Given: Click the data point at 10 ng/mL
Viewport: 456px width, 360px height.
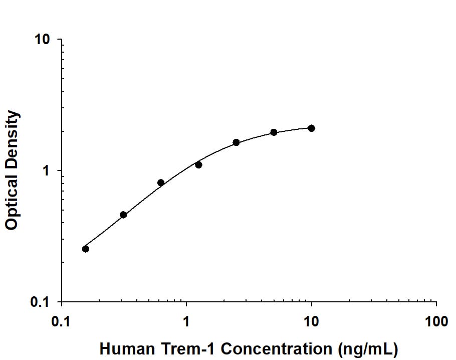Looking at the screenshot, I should point(311,128).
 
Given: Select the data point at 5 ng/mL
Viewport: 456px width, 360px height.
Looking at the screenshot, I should point(274,132).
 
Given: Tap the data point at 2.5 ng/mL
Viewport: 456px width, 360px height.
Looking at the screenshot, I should point(236,142).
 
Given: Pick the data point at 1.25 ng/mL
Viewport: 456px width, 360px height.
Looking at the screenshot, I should point(198,164).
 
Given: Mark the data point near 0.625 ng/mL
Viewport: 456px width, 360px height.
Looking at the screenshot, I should point(161,183).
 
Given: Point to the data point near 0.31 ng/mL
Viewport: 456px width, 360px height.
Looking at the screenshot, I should point(123,215).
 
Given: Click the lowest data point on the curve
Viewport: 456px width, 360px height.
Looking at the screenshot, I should point(86,249).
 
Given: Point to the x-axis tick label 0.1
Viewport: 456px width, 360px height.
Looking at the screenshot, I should point(62,321).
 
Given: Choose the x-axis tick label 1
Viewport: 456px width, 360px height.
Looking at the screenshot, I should point(186,321).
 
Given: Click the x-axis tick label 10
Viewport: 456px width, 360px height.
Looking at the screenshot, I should point(311,321).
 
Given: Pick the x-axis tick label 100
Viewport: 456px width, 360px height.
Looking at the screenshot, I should point(436,321).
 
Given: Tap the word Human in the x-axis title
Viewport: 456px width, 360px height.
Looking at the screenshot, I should point(121,348).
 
